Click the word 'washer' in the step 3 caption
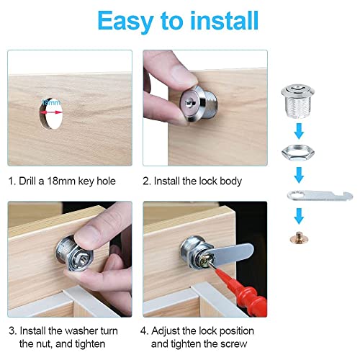tap(83, 330)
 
